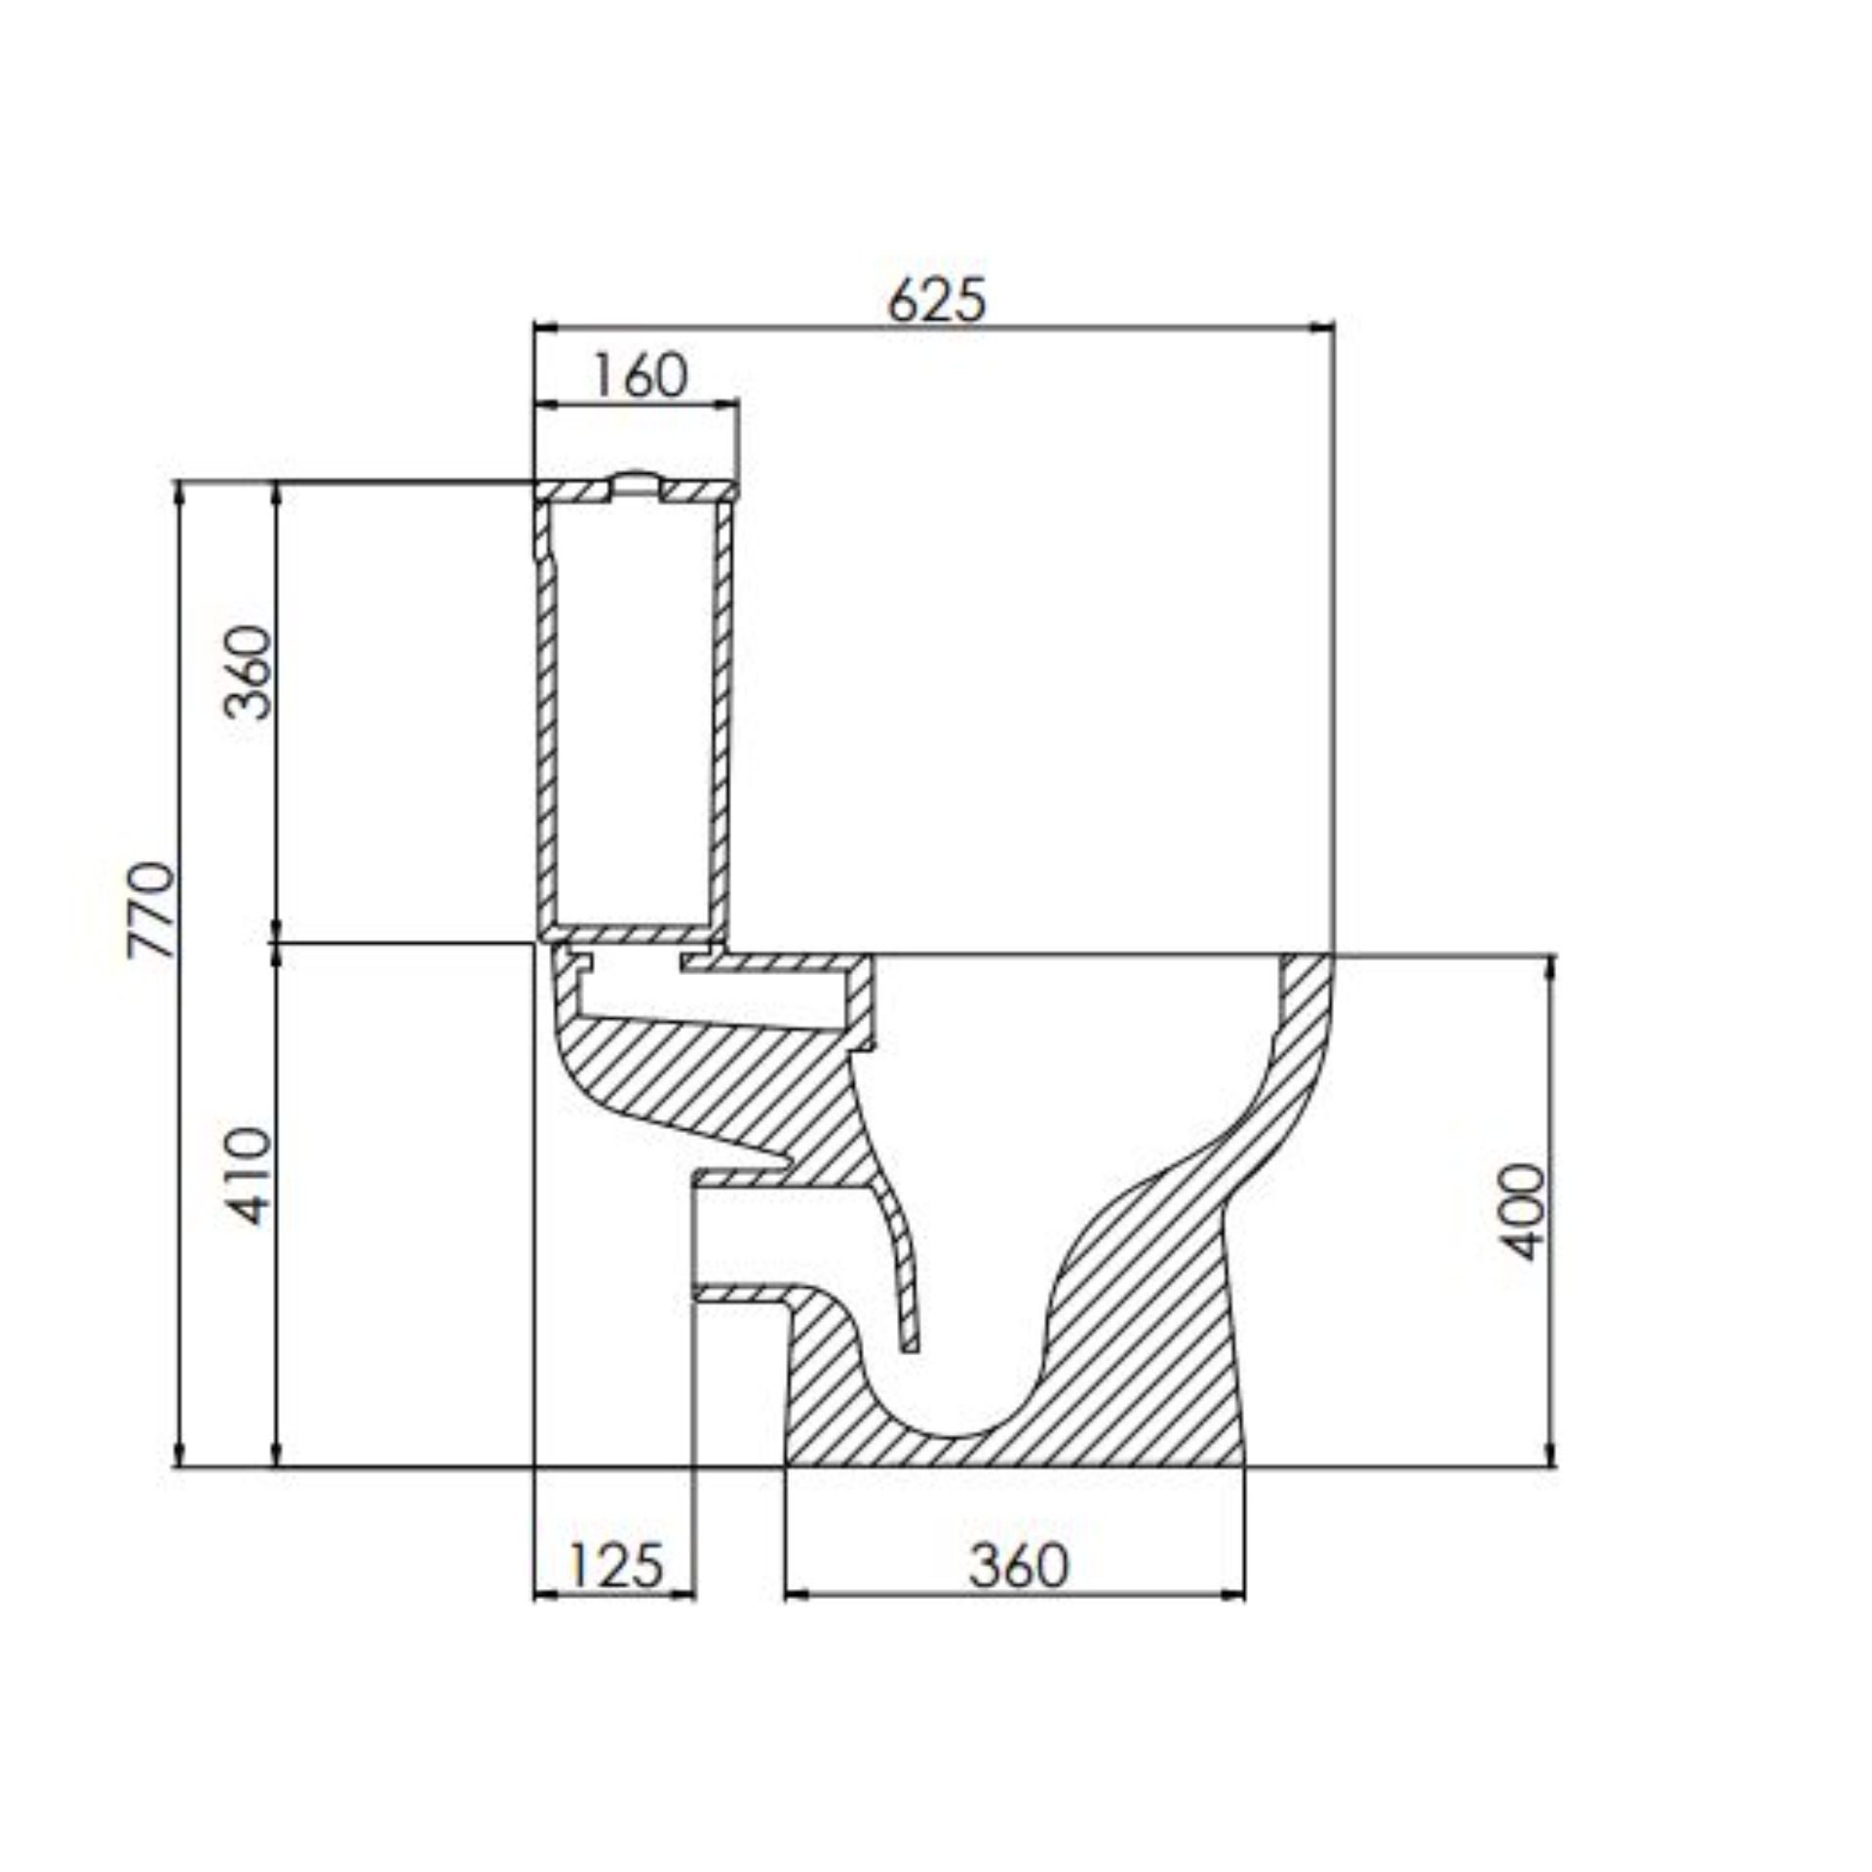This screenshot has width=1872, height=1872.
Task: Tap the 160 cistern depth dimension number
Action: [x=641, y=375]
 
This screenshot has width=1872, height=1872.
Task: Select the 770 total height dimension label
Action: [x=152, y=910]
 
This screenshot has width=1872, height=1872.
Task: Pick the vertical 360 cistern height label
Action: [x=247, y=672]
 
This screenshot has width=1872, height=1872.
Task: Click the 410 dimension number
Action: [x=247, y=1176]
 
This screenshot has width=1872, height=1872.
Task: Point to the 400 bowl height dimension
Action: [x=1523, y=1211]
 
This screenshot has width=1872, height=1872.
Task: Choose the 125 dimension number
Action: [x=615, y=1565]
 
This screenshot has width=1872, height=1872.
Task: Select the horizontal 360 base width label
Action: [x=1018, y=1566]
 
